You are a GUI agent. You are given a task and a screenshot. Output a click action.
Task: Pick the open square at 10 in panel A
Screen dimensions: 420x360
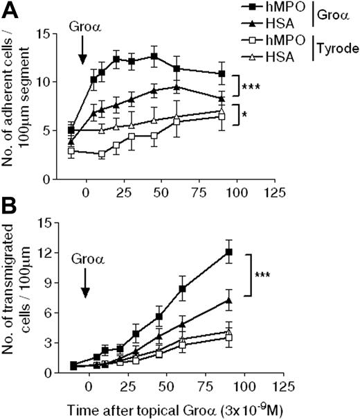click(102, 154)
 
